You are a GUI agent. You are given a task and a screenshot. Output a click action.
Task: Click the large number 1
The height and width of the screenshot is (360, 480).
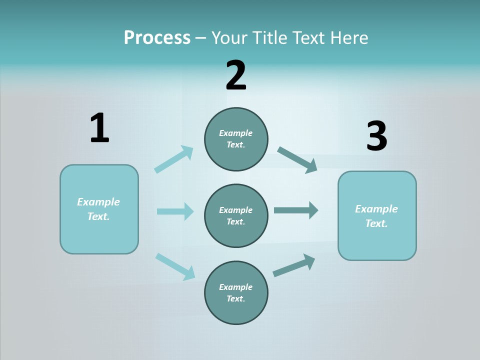point(99,128)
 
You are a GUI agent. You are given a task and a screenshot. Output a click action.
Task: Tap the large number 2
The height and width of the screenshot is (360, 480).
point(236,75)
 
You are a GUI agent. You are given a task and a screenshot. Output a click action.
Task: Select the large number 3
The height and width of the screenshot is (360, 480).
point(376,136)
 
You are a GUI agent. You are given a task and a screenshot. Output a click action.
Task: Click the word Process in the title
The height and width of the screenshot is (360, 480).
point(157,37)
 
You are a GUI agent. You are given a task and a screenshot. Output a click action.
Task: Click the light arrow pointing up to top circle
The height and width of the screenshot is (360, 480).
point(174,159)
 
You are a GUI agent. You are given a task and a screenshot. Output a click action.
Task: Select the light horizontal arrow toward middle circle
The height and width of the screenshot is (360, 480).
point(175,211)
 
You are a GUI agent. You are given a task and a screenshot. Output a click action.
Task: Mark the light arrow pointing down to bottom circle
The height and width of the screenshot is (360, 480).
point(175,266)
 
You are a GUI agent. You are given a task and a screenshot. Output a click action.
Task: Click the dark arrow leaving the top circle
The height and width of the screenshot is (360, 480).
point(297,159)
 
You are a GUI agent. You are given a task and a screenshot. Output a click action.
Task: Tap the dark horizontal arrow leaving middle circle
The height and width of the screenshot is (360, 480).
point(296,210)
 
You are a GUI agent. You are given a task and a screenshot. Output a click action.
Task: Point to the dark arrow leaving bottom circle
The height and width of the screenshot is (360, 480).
point(294,265)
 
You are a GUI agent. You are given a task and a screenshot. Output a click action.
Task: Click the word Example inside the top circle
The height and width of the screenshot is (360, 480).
point(235,133)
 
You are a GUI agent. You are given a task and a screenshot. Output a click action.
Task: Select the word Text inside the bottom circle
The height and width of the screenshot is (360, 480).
point(235,298)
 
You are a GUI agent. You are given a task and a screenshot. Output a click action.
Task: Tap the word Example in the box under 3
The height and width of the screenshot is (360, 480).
point(376,209)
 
